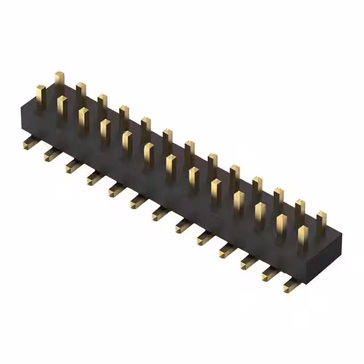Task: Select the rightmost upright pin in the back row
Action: click(x=321, y=222)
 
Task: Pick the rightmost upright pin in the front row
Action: click(x=303, y=237)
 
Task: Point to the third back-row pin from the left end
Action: click(x=102, y=106)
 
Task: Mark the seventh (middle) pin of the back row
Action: click(x=189, y=152)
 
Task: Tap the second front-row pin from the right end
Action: click(x=281, y=225)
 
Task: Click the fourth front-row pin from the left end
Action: click(x=105, y=131)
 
